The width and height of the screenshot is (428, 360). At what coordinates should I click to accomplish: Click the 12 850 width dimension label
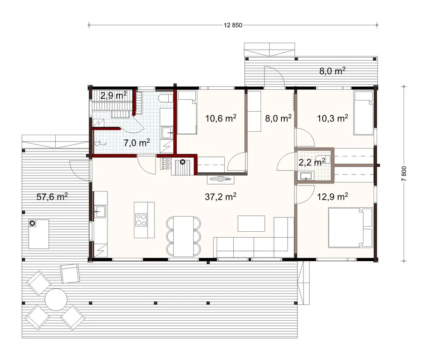coord(233,25)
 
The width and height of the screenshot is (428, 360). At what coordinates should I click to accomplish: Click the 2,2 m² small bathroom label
coord(311,162)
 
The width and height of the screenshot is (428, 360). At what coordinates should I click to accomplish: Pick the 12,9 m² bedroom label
coord(333,196)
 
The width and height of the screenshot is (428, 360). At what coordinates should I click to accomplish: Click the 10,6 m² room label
coord(221,118)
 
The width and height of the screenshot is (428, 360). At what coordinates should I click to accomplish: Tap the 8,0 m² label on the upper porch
coord(333,71)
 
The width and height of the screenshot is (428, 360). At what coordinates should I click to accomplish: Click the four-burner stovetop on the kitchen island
coord(141,220)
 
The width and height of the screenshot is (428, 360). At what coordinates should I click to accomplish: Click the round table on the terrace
coord(56,299)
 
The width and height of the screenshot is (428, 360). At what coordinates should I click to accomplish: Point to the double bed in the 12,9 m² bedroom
coord(350,227)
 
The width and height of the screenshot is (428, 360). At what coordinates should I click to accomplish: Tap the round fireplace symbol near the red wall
coord(183,162)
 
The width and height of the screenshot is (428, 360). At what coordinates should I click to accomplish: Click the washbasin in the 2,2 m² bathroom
coord(306,176)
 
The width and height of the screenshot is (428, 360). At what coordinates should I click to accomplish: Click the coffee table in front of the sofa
coord(251,223)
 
